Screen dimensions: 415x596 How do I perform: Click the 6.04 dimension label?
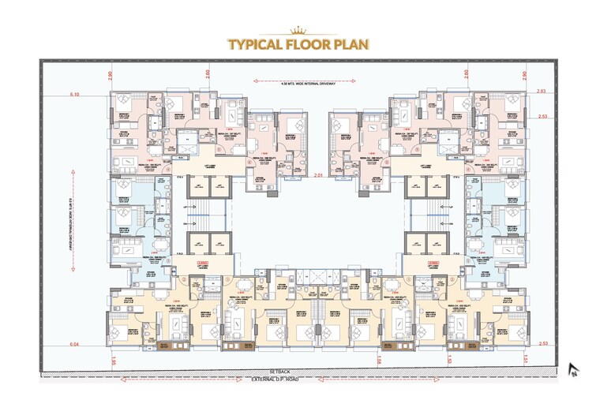[x=75, y=345]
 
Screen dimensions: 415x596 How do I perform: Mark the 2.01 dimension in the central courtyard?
[x=319, y=175]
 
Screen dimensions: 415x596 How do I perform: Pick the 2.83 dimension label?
[x=542, y=92]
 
